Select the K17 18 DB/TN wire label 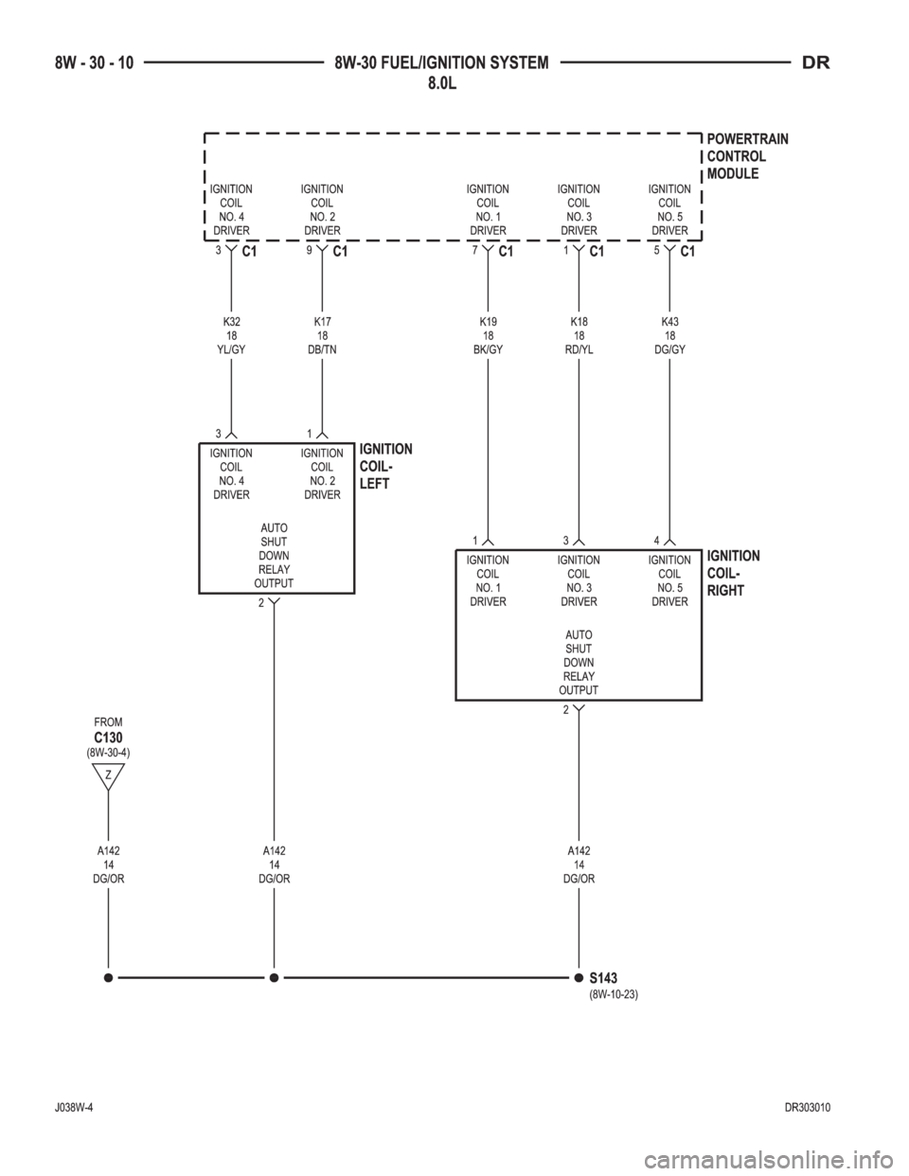tap(322, 335)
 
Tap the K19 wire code tap(488, 322)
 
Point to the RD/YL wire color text tap(579, 349)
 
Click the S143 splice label tap(603, 978)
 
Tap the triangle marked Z tap(108, 775)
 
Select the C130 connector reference tap(108, 738)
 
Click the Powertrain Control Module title tap(747, 156)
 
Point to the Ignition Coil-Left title tap(385, 466)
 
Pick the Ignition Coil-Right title tap(733, 573)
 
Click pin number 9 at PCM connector tap(309, 251)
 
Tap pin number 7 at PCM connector tap(474, 251)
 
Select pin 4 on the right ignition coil tap(656, 541)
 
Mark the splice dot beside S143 tap(579, 978)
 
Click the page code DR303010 tap(808, 1108)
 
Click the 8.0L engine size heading tap(442, 83)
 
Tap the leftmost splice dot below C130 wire tap(108, 978)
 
